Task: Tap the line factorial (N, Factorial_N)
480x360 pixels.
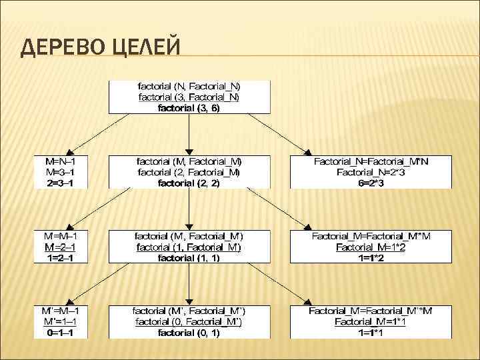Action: (189, 87)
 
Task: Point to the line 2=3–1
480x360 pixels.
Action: (61, 183)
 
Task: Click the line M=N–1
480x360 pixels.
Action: (61, 161)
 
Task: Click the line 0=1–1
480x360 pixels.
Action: (61, 331)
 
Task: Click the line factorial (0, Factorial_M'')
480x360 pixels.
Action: (189, 321)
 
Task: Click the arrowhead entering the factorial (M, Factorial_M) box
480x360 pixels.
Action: (190, 152)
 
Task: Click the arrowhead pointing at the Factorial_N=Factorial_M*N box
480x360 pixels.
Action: (307, 151)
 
